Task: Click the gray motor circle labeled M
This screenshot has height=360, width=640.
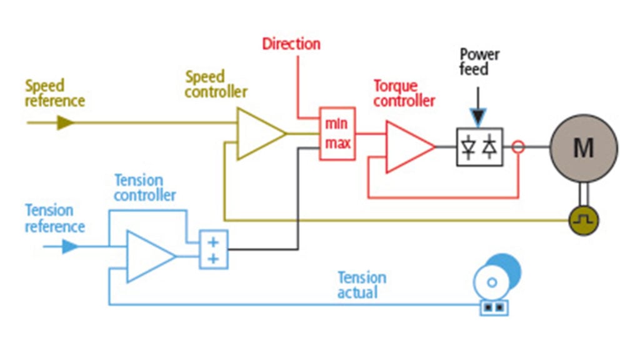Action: (x=583, y=148)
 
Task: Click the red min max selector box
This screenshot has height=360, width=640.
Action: (x=337, y=133)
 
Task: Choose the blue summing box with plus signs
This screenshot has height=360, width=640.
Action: (x=213, y=249)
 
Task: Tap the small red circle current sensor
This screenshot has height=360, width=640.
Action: (x=517, y=147)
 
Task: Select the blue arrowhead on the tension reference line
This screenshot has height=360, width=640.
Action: (x=70, y=247)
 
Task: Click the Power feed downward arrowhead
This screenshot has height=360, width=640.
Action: (x=478, y=116)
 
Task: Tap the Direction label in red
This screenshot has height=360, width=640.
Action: (x=291, y=44)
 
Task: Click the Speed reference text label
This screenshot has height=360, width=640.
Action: (x=54, y=92)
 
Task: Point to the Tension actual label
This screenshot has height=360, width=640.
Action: (x=362, y=284)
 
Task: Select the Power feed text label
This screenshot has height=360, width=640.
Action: (x=479, y=61)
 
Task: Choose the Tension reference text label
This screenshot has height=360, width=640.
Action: (x=54, y=217)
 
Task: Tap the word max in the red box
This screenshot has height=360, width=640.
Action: (x=337, y=144)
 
